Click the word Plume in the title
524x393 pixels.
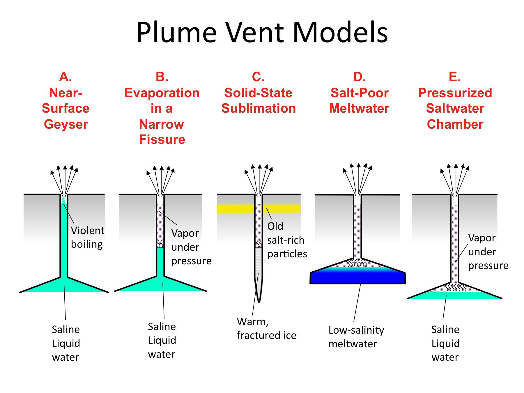[x=176, y=33]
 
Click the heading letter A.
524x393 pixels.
[x=65, y=77]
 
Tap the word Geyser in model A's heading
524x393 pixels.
[x=66, y=124]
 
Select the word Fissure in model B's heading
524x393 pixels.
[x=162, y=139]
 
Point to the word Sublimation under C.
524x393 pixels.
[x=259, y=108]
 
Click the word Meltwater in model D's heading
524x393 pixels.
[x=359, y=108]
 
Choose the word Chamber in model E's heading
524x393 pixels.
[x=455, y=124]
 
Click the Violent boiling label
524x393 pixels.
[x=87, y=237]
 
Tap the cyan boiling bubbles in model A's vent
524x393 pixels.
[x=63, y=201]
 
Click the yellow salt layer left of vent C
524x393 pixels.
[x=235, y=208]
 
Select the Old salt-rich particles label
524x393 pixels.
[x=287, y=240]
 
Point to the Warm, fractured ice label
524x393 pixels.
[x=266, y=328]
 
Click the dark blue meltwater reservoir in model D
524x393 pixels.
[x=357, y=278]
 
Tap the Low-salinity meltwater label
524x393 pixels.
[x=356, y=337]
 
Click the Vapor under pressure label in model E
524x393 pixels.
[x=488, y=252]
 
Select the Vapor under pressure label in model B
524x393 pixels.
[x=191, y=247]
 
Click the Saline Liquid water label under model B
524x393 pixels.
[x=162, y=340]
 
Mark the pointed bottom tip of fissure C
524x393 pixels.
[x=259, y=301]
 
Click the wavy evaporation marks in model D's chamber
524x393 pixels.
[x=357, y=263]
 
